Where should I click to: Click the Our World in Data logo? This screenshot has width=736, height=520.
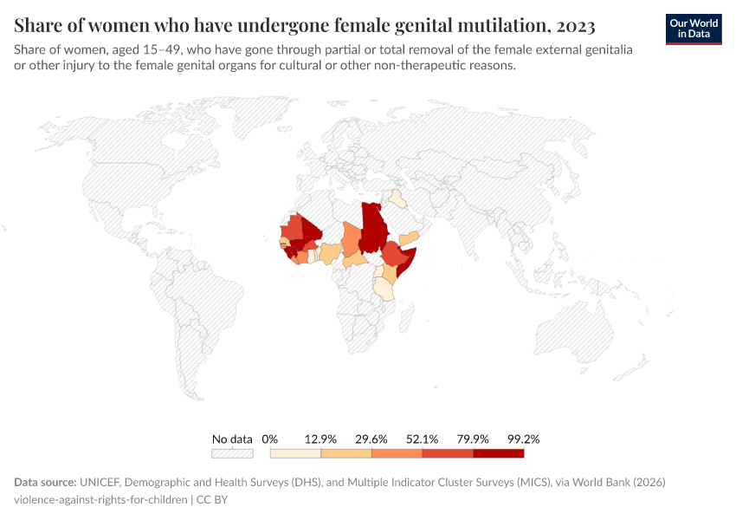[x=694, y=29]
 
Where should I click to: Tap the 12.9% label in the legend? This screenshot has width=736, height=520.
[x=320, y=439]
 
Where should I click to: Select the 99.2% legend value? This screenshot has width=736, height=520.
[x=524, y=439]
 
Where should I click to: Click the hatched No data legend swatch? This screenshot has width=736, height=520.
[x=232, y=453]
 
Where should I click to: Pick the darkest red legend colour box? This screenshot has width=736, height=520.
[x=499, y=453]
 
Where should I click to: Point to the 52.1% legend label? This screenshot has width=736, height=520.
[x=423, y=439]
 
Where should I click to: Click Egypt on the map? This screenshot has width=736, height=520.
[x=372, y=216]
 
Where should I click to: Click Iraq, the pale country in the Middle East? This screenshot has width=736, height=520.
[x=397, y=198]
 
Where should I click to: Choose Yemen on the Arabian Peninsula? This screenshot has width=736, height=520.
[x=410, y=237]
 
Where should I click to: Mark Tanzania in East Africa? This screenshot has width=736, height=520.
[x=384, y=289]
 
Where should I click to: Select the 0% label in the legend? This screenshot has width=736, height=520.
[x=270, y=439]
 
